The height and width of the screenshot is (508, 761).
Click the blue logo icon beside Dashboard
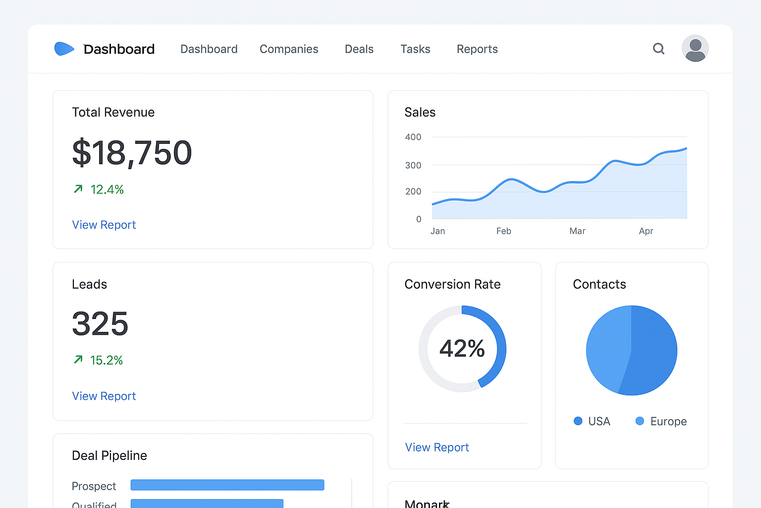point(64,49)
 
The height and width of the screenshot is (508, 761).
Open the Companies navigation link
point(289,49)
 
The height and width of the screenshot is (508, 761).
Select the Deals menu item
point(359,49)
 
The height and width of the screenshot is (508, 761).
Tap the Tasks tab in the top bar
point(415,49)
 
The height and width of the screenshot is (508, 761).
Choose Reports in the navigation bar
point(477,49)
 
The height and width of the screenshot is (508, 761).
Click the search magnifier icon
point(658,49)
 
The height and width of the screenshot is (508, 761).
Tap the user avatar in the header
point(695,49)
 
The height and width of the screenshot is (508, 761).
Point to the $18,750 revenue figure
point(132,153)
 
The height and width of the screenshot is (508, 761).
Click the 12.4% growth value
point(107,190)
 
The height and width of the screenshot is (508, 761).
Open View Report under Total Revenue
point(104,225)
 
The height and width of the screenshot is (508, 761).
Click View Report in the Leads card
point(104,396)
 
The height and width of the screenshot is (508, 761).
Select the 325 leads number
point(100,324)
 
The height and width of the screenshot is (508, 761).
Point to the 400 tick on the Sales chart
point(413,137)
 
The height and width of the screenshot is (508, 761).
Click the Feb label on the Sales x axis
point(503,231)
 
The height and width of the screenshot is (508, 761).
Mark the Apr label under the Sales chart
point(646,231)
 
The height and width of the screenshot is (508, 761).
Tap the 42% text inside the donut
point(462,348)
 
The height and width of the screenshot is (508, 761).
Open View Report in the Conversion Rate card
point(437,447)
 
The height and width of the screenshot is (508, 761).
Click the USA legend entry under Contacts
point(593,421)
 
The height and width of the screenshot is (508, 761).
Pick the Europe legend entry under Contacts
point(661,421)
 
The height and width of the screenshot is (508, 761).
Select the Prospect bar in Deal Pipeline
point(227,485)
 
